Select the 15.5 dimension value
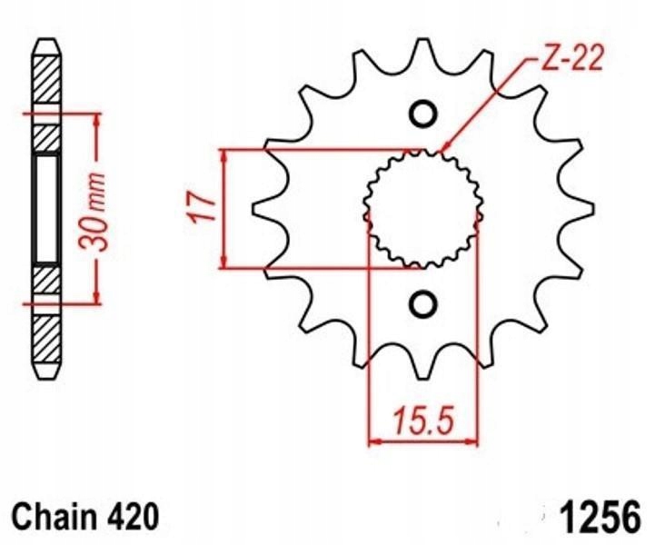pyautogui.click(x=422, y=421)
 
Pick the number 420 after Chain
pyautogui.click(x=136, y=519)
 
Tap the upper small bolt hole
pyautogui.click(x=422, y=114)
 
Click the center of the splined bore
pyautogui.click(x=422, y=209)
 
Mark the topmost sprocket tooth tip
pyautogui.click(x=422, y=41)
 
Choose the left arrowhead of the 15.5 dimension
pyautogui.click(x=372, y=442)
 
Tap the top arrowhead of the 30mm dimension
pyautogui.click(x=94, y=119)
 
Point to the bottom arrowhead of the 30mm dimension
pyautogui.click(x=94, y=299)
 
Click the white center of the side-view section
pyautogui.click(x=47, y=208)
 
